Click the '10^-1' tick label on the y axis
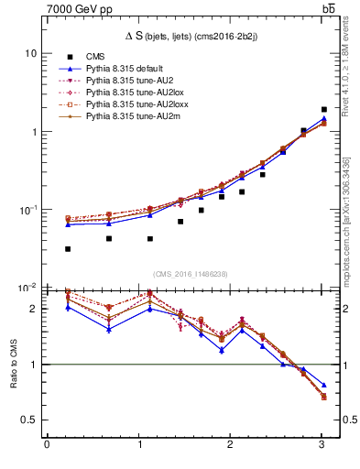click(27, 210)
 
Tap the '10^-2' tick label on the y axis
click(27, 288)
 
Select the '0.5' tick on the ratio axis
click(27, 420)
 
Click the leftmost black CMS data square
click(68, 249)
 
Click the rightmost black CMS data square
click(323, 109)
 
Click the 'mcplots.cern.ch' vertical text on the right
click(346, 238)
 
